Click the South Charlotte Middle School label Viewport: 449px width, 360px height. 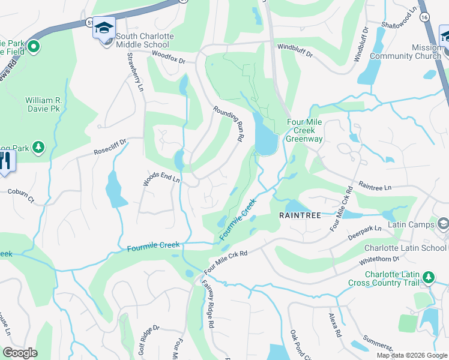tap(145, 40)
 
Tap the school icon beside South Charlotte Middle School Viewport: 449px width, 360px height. tap(104, 29)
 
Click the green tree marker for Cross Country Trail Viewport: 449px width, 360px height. tap(428, 277)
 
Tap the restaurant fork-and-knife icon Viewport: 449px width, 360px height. tap(5, 160)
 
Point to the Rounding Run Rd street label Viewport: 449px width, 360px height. tap(229, 124)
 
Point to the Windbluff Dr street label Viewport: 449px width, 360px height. tap(295, 50)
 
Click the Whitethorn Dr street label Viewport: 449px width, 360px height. tap(379, 259)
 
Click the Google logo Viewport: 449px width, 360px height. tap(20, 353)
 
